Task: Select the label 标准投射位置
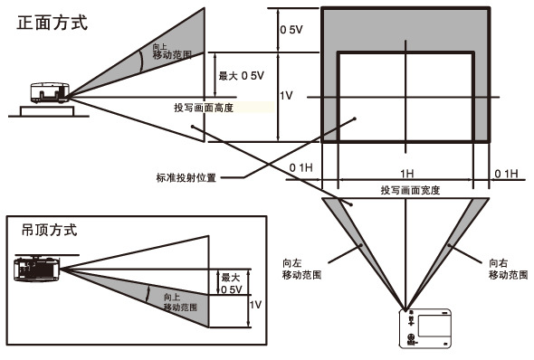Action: click(x=186, y=177)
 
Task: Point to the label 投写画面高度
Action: click(x=204, y=108)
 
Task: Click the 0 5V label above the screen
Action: click(x=291, y=30)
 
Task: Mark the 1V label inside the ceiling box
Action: click(x=255, y=306)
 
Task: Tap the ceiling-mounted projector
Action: click(x=37, y=269)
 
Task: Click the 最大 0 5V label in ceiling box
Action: click(x=231, y=284)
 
